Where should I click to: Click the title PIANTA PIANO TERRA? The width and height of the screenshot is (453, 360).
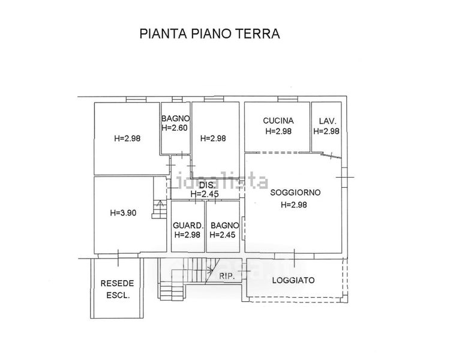(209, 34)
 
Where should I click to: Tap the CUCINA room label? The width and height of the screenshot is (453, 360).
(278, 121)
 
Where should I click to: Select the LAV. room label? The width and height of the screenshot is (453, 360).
(326, 121)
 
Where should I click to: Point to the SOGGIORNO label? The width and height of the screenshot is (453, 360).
(295, 193)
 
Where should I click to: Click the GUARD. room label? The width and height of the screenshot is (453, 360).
(188, 226)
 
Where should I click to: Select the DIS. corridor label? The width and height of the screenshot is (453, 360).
(206, 185)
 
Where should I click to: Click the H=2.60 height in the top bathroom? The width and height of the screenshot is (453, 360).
(176, 128)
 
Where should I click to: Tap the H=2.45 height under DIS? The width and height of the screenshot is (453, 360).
(205, 194)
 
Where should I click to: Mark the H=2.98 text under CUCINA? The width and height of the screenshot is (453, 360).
(278, 131)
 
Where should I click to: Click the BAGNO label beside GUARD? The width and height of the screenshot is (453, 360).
(224, 226)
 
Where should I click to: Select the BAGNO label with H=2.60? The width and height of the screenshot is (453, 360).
(176, 118)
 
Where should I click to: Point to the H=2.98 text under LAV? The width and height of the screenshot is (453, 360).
(326, 131)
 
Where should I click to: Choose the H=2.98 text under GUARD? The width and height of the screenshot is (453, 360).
(188, 235)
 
